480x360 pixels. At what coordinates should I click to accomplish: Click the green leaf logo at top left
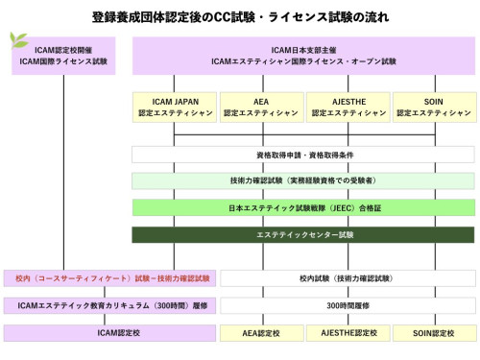click(x=16, y=41)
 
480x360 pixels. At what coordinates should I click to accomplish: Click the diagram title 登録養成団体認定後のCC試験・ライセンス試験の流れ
click(x=239, y=15)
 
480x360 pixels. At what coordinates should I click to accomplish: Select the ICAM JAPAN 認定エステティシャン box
click(x=174, y=107)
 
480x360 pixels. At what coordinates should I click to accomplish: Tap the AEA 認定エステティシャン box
click(x=260, y=107)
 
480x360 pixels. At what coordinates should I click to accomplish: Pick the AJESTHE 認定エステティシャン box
click(x=347, y=107)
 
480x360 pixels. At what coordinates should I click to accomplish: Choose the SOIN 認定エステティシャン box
click(x=431, y=107)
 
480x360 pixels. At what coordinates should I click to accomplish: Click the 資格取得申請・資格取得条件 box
click(x=302, y=154)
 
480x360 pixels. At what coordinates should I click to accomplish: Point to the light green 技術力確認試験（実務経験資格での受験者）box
click(x=302, y=180)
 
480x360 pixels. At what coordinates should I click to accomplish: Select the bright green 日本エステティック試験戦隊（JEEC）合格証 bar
click(x=302, y=207)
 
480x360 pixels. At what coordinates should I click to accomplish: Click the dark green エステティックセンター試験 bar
click(x=302, y=234)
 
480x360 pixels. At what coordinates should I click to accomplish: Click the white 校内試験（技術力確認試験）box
click(x=347, y=278)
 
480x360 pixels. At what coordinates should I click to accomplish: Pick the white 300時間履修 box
click(x=347, y=305)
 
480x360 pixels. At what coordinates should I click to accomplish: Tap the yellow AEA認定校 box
click(x=260, y=333)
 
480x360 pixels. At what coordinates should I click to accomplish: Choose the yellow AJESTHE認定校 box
click(x=347, y=333)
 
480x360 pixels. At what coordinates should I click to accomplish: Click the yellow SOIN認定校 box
click(x=431, y=333)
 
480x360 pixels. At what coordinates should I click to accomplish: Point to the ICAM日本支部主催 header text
click(x=302, y=48)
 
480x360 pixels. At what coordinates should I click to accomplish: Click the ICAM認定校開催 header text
click(x=64, y=48)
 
